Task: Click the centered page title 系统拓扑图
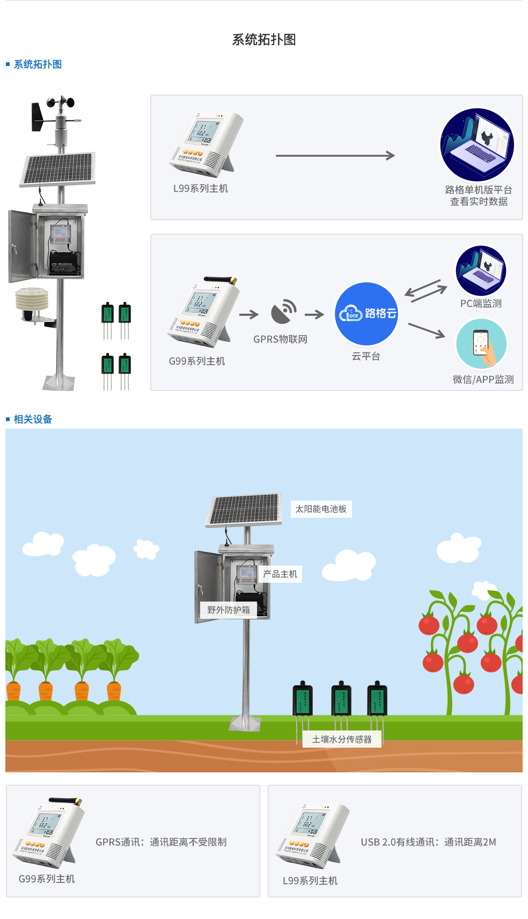(x=263, y=40)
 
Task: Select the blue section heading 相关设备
(x=33, y=419)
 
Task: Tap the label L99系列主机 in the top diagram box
(x=200, y=189)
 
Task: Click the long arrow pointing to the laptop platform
(x=335, y=156)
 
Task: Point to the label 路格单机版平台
(x=478, y=190)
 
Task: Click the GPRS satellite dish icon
(x=283, y=312)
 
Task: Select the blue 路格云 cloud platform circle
(x=366, y=314)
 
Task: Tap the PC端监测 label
(x=481, y=303)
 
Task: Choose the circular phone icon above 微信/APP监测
(x=481, y=344)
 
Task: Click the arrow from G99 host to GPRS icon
(x=248, y=315)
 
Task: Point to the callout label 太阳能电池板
(x=321, y=509)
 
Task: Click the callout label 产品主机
(x=280, y=574)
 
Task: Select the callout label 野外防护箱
(x=229, y=610)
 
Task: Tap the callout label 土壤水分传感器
(x=342, y=740)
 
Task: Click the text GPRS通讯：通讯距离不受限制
(x=161, y=842)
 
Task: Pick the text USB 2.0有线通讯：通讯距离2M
(x=428, y=842)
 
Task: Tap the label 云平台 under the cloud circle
(x=366, y=356)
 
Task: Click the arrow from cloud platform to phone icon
(x=426, y=330)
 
